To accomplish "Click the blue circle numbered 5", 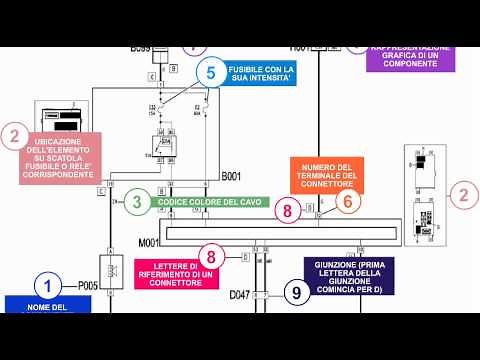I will (211, 72).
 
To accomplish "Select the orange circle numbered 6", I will (348, 201).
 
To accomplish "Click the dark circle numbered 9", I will (296, 293).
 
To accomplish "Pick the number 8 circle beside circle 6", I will (288, 210).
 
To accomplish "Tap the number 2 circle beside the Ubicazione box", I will (14, 137).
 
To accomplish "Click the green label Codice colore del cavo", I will (210, 201).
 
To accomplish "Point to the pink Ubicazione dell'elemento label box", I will (62, 157).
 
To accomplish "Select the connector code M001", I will (148, 241).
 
